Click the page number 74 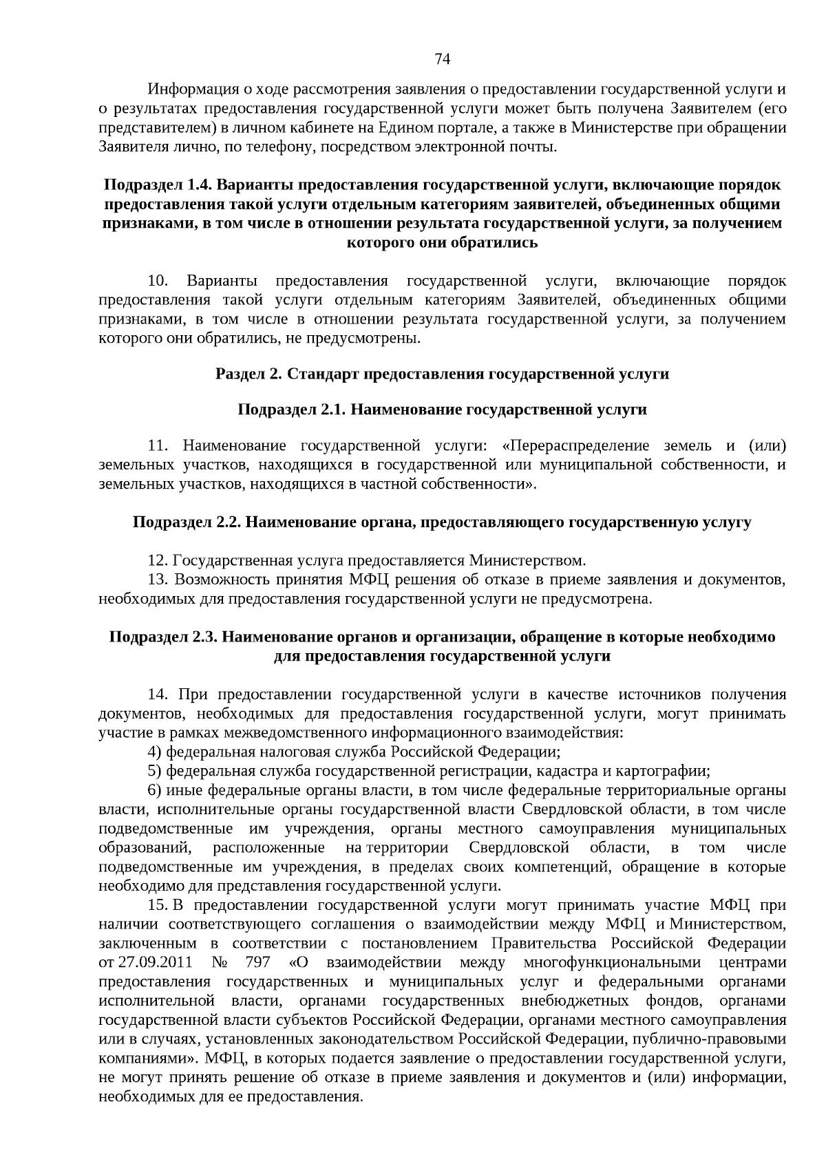click(443, 59)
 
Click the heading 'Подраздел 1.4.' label click(147, 185)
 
